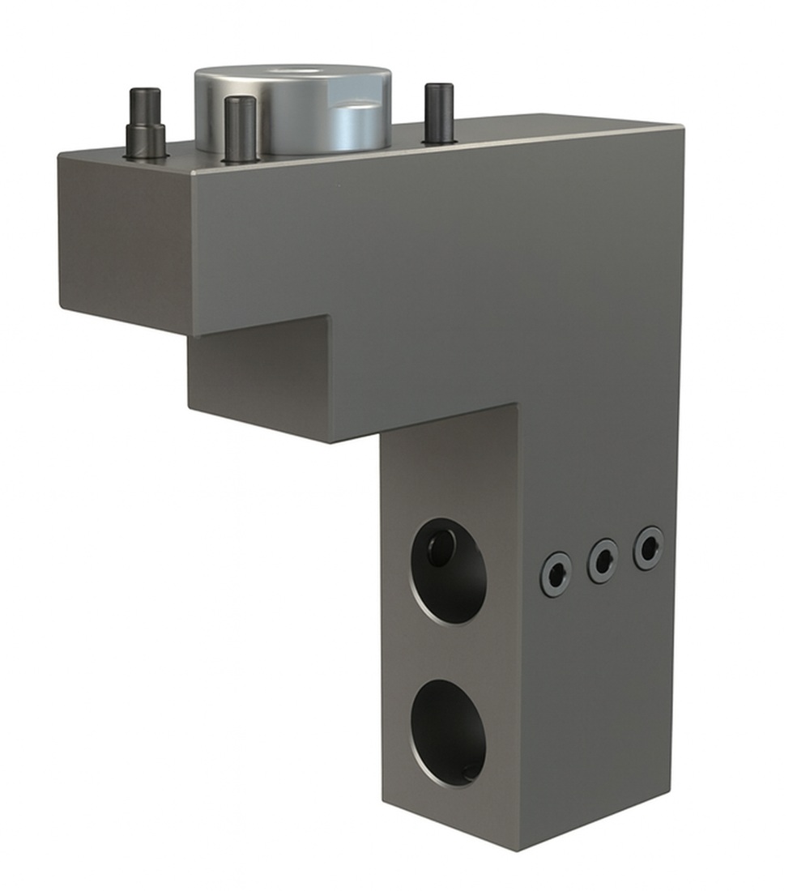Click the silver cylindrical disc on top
click(292, 109)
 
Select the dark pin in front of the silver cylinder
click(241, 129)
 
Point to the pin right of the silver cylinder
click(439, 113)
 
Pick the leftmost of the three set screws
click(556, 574)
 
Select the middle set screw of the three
click(603, 561)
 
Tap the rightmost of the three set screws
click(648, 548)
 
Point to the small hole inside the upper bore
click(440, 548)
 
